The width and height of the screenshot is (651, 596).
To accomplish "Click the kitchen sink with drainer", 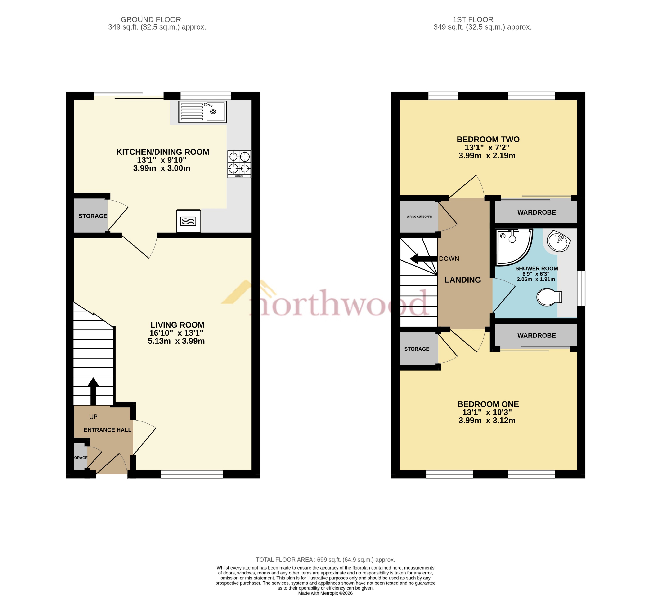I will pyautogui.click(x=202, y=112).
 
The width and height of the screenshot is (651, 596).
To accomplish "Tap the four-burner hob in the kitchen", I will pyautogui.click(x=239, y=164).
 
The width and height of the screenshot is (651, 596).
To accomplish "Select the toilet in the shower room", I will pyautogui.click(x=549, y=297).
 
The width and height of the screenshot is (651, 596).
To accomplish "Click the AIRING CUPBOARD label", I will pyautogui.click(x=419, y=217).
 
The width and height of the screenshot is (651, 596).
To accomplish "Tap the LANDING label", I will pyautogui.click(x=462, y=280).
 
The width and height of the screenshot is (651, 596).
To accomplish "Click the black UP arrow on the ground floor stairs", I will pyautogui.click(x=93, y=390).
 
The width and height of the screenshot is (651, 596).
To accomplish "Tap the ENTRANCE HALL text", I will pyautogui.click(x=108, y=430).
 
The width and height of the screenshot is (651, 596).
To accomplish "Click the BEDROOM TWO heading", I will pyautogui.click(x=488, y=140).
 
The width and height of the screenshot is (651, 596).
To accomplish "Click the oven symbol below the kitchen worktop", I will pyautogui.click(x=189, y=221).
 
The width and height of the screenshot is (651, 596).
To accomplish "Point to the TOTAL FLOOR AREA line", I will pyautogui.click(x=325, y=560).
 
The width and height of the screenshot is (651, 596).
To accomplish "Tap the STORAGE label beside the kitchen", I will pyautogui.click(x=93, y=216).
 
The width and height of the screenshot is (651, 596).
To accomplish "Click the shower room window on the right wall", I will pyautogui.click(x=581, y=288).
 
